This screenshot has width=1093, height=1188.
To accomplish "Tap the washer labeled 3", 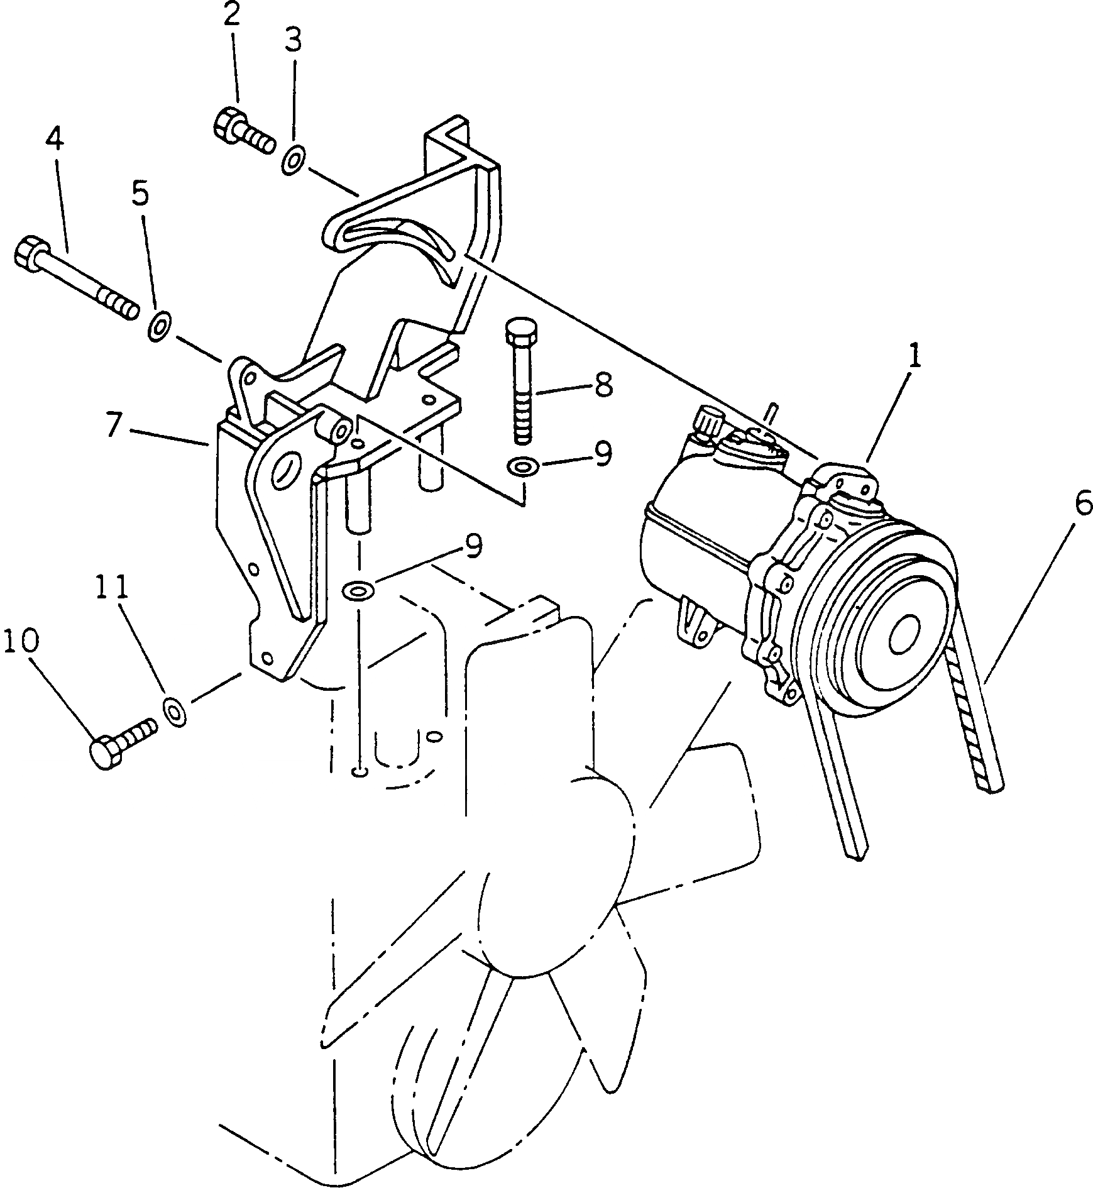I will pyautogui.click(x=293, y=160).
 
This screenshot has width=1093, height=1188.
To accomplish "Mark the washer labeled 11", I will pyautogui.click(x=174, y=710).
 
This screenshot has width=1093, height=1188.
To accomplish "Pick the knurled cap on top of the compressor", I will pyautogui.click(x=709, y=420).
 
